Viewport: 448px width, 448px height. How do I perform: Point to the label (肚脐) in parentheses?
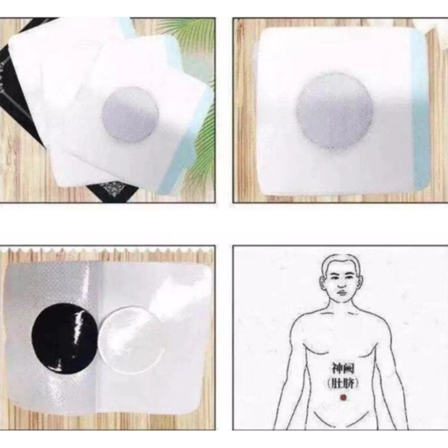point(343,383)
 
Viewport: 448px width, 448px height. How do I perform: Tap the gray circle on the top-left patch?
point(130,115)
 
